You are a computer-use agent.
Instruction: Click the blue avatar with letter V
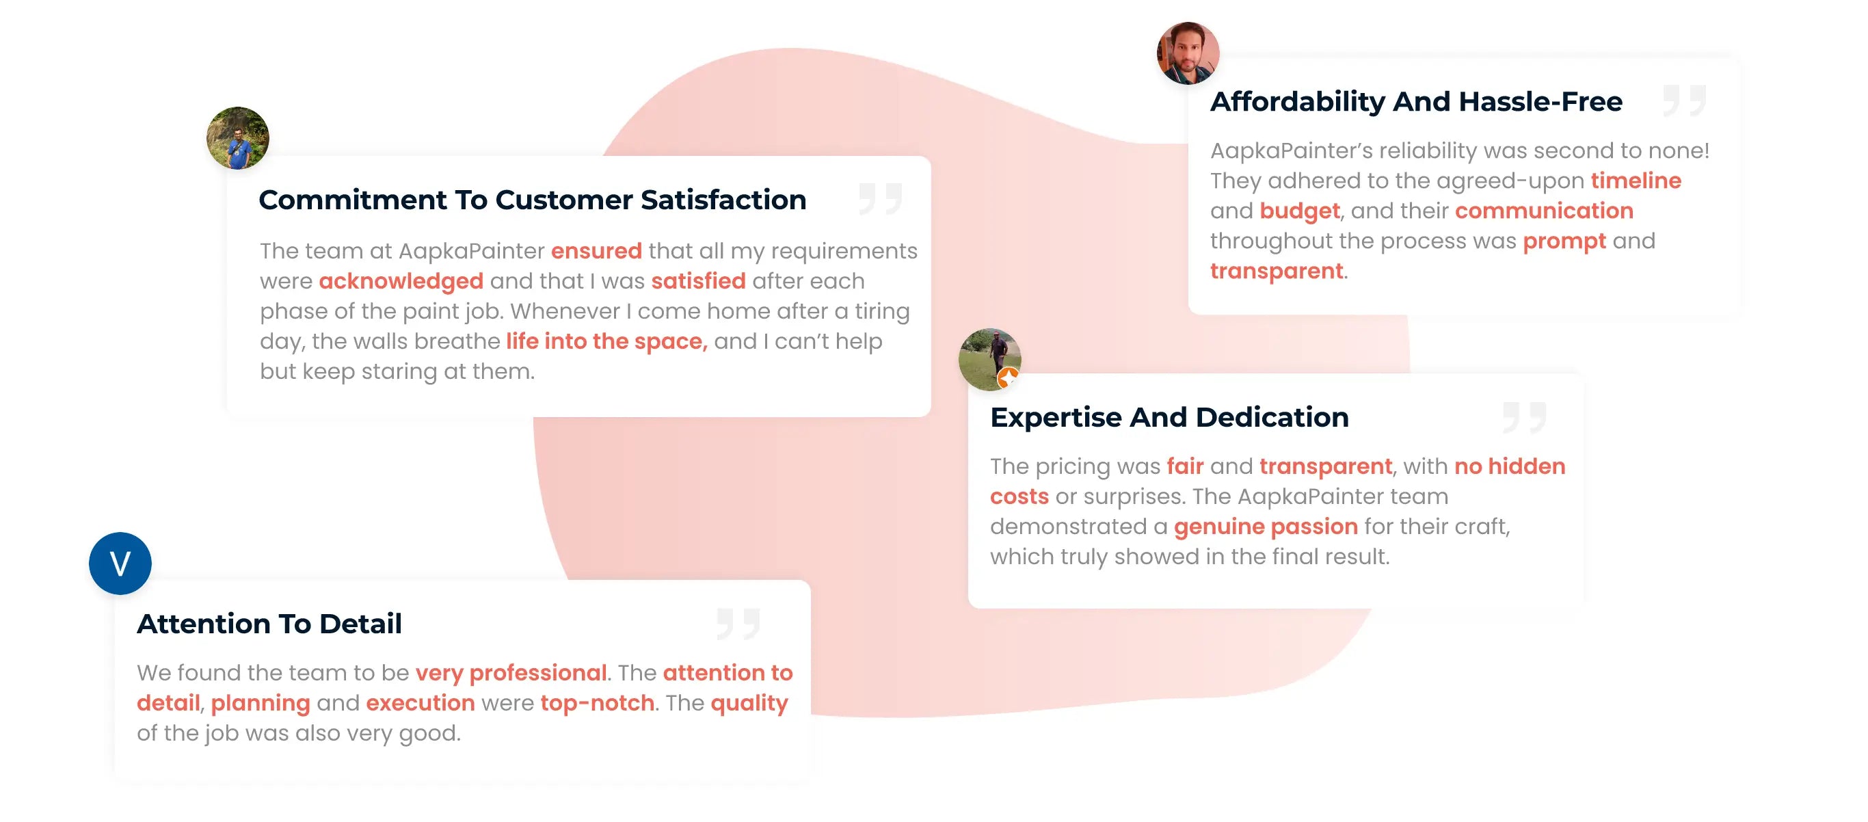[120, 563]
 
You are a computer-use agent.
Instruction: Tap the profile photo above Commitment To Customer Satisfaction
[238, 138]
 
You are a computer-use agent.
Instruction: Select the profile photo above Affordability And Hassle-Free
[1188, 53]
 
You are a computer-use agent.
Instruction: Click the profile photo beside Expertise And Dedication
[990, 359]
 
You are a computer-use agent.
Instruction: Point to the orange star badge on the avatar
[1008, 378]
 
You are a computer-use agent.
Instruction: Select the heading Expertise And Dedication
[1170, 417]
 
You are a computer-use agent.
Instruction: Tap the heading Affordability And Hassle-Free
[1416, 102]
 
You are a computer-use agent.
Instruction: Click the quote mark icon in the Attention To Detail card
[738, 623]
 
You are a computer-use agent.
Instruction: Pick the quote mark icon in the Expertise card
[1525, 417]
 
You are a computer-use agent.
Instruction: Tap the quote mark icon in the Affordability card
[1685, 100]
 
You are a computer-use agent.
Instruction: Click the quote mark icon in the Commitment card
[881, 199]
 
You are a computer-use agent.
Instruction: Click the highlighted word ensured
[596, 251]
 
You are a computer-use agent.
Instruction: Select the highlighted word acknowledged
[401, 282]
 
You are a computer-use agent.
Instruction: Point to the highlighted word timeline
[1636, 181]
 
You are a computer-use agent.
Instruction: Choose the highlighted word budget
[1300, 211]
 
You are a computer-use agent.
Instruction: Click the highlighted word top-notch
[598, 703]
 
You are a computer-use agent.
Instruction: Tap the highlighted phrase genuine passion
[1266, 527]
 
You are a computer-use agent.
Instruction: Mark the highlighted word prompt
[1564, 241]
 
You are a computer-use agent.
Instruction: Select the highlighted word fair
[1185, 466]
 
